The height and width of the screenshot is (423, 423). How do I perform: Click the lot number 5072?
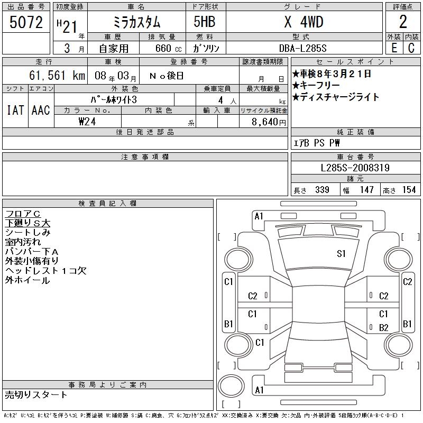(x=26, y=22)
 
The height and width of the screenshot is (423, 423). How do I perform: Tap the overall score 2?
(x=403, y=22)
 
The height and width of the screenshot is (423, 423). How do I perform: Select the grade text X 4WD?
(x=304, y=22)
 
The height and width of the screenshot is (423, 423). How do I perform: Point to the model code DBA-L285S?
(x=302, y=48)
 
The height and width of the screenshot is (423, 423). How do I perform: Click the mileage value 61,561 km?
(x=57, y=75)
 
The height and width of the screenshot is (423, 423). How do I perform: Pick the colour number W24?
(x=87, y=122)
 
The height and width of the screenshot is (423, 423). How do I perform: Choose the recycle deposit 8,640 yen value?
(x=269, y=122)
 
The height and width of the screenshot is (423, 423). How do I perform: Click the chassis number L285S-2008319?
(x=355, y=168)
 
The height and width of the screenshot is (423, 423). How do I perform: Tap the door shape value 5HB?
(x=205, y=22)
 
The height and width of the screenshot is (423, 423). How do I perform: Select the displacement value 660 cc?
(x=168, y=48)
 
